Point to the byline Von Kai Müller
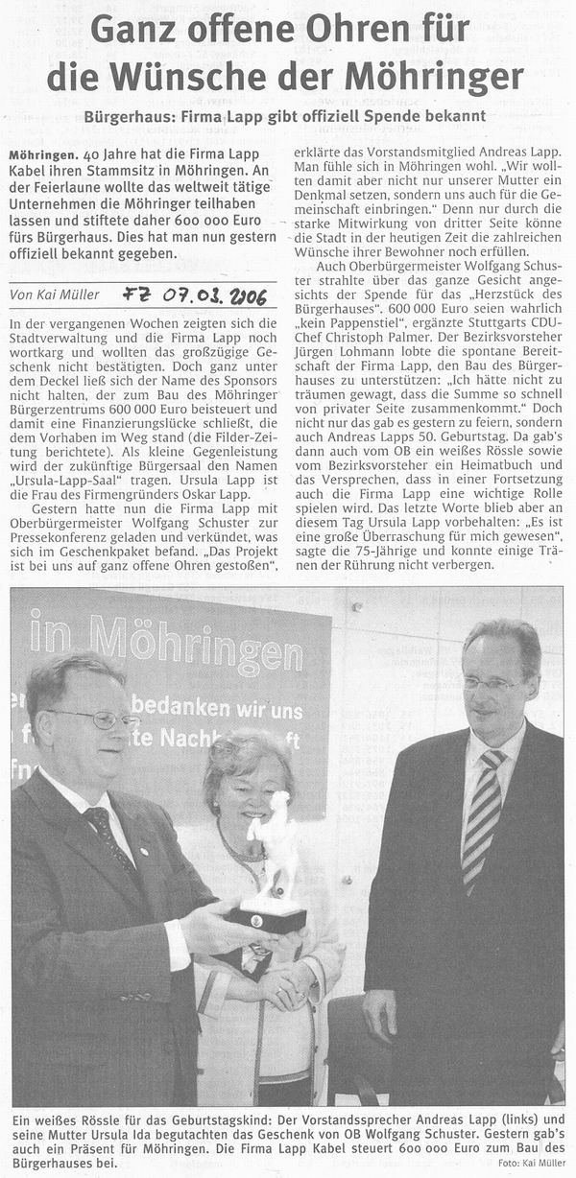(x=56, y=295)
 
